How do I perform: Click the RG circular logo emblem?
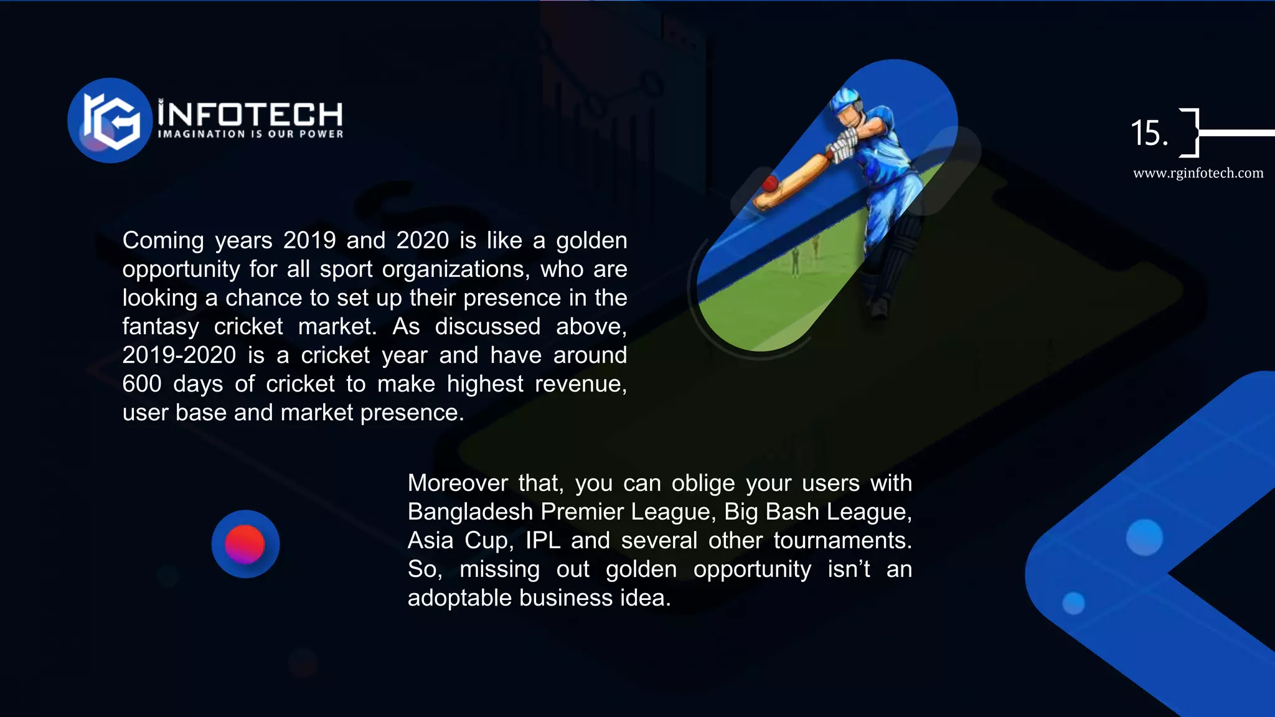click(110, 120)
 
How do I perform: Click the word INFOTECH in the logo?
click(250, 114)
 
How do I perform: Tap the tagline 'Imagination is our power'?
click(250, 134)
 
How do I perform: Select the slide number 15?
click(1149, 133)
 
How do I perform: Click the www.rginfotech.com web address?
click(1198, 173)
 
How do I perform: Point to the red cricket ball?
click(770, 184)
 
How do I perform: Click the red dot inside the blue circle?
click(245, 543)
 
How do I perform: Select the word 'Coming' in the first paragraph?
click(163, 240)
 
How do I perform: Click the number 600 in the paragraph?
click(142, 384)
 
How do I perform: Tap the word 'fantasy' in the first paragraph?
click(161, 327)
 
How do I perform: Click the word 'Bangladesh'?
click(470, 512)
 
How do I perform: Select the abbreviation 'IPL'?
click(543, 540)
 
